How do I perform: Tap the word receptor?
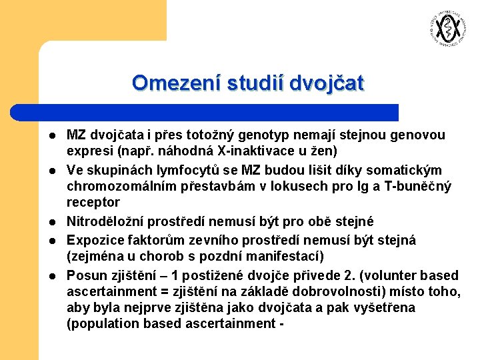[x=93, y=202]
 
